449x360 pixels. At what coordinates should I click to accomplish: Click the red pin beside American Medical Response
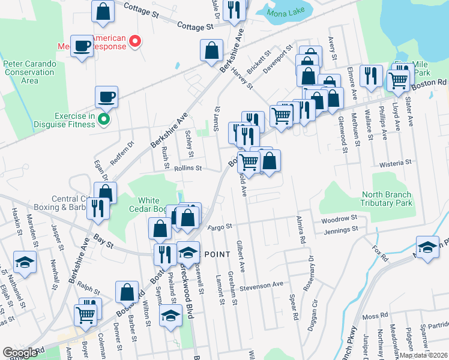tap(136, 41)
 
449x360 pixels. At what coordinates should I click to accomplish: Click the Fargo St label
tap(220, 227)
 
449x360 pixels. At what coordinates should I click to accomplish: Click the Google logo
tap(20, 353)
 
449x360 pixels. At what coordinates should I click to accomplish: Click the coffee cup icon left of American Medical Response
tap(82, 46)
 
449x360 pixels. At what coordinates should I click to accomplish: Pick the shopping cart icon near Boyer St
tap(85, 313)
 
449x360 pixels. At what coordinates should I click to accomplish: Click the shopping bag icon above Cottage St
tap(103, 11)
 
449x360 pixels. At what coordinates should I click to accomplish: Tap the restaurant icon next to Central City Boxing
tap(95, 208)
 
